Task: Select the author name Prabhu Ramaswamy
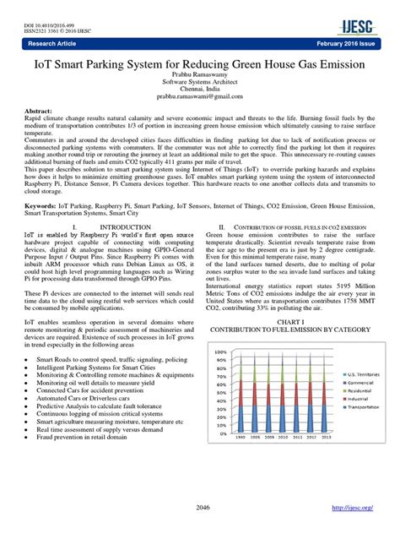click(200, 74)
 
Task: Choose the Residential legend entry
click(358, 392)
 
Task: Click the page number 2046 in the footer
click(200, 508)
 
